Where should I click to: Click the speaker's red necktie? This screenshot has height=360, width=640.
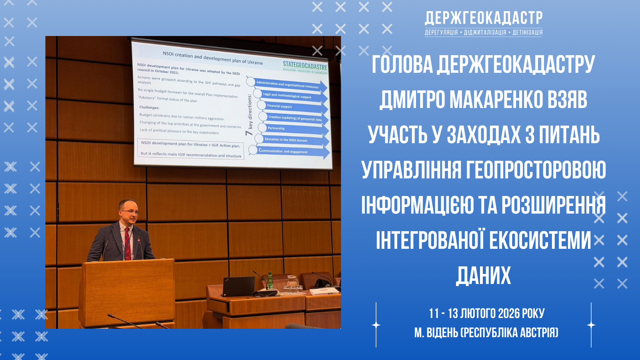pos(127,242)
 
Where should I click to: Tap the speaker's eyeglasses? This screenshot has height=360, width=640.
pos(129,212)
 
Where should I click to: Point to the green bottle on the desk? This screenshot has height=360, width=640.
pos(270,281)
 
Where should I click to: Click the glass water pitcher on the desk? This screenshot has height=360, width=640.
pos(292,283)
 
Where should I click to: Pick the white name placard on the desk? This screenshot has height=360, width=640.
pos(323,291)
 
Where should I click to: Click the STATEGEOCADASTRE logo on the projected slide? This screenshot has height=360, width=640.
pos(305,66)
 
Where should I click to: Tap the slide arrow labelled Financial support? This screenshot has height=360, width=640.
pos(292,107)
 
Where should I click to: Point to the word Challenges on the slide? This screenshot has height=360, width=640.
pos(149,107)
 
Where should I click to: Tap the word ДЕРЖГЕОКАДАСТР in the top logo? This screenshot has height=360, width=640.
pos(484,18)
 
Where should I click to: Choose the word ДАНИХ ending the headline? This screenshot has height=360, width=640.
pos(483,275)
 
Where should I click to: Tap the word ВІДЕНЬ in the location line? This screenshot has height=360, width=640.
pos(442,332)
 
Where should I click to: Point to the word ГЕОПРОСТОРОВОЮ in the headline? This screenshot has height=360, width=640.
pos(536,170)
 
